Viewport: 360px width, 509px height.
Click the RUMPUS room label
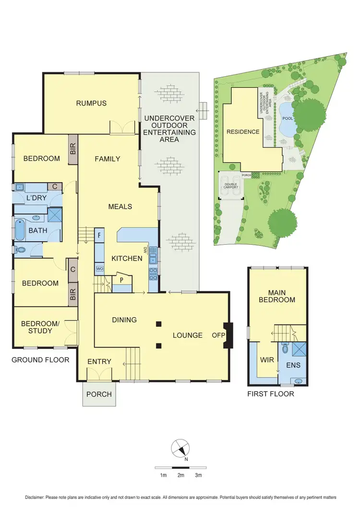click(91, 103)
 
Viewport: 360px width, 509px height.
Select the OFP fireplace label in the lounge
click(218, 335)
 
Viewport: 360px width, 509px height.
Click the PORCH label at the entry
click(99, 394)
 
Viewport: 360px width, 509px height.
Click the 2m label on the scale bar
click(181, 475)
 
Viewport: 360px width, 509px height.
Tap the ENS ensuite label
click(293, 366)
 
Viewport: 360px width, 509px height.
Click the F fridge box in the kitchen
click(99, 236)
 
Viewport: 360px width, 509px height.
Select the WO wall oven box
click(99, 269)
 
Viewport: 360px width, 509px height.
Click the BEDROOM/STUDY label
click(40, 327)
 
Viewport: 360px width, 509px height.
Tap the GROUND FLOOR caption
click(41, 360)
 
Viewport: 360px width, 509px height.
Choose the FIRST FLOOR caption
click(271, 394)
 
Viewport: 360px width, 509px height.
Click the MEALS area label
click(120, 207)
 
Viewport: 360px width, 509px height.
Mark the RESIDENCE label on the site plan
click(243, 132)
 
